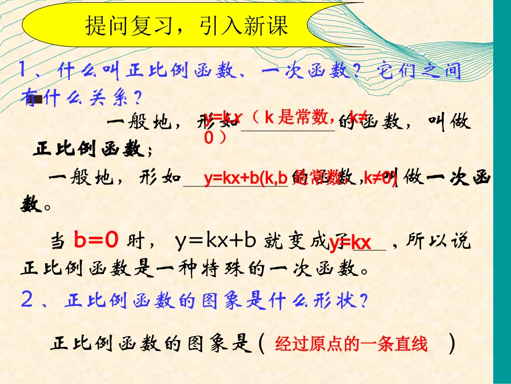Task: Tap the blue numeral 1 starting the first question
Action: coord(24,70)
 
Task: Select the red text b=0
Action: coord(96,242)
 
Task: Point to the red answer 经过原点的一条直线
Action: coord(351,344)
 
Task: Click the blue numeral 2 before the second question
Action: coord(27,300)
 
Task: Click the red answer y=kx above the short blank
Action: coord(350,243)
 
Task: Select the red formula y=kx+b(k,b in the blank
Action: coord(245,179)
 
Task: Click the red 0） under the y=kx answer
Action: coord(216,138)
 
